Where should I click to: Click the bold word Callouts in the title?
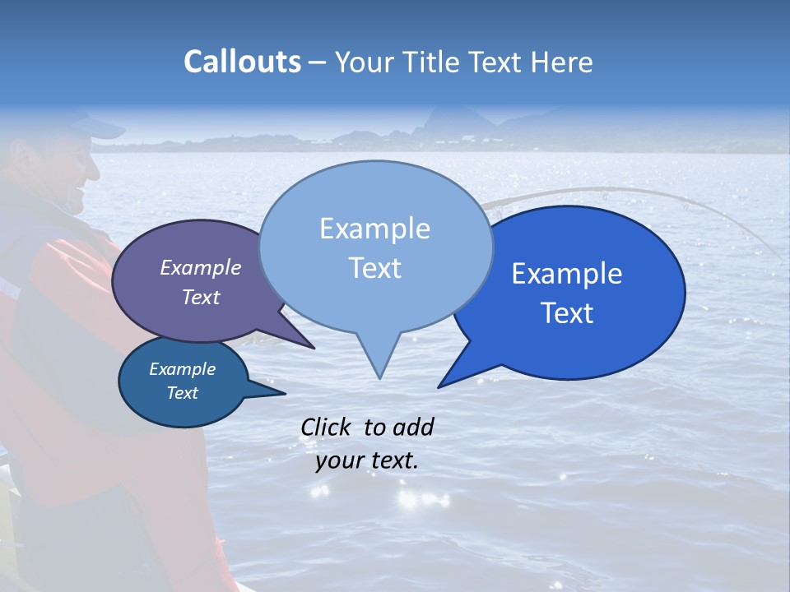point(242,62)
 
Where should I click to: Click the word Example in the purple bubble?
point(201,267)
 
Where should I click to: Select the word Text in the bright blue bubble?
point(567,312)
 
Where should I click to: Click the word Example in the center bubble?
point(374,229)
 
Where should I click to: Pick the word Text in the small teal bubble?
point(183,393)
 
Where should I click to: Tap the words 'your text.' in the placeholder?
point(367,460)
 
